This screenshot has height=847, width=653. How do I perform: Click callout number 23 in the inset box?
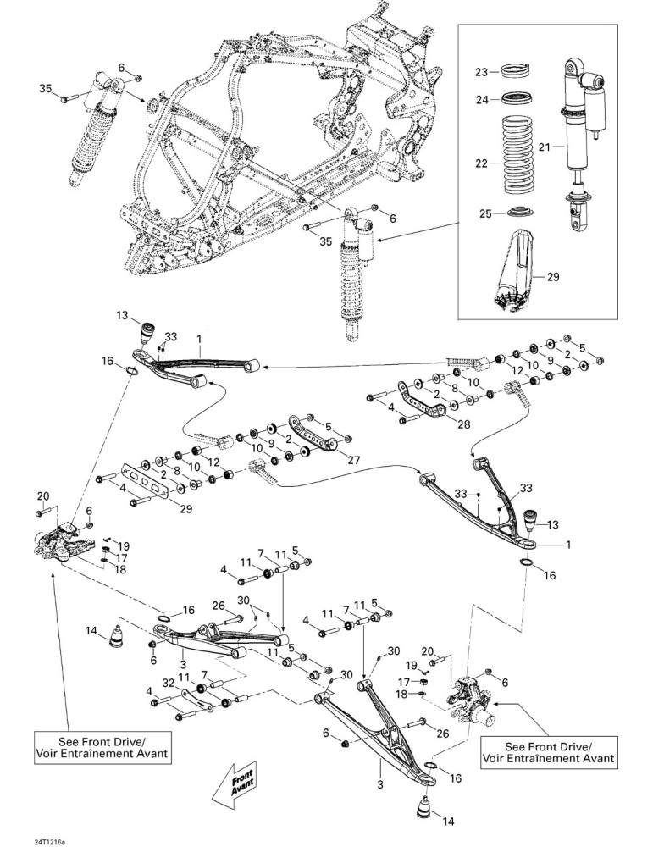(x=481, y=72)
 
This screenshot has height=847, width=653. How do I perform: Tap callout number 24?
(x=481, y=100)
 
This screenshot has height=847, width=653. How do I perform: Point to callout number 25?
(x=484, y=213)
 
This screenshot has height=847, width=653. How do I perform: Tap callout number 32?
(x=169, y=683)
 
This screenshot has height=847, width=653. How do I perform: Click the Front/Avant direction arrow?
(x=235, y=782)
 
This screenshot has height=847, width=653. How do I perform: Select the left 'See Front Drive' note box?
(x=102, y=747)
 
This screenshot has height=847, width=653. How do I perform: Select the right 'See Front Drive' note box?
(x=548, y=752)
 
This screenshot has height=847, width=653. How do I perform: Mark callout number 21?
(x=545, y=147)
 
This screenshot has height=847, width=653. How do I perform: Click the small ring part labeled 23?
(x=517, y=70)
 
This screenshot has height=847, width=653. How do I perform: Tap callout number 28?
(x=463, y=424)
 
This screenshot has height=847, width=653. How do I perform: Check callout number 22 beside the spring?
(x=481, y=163)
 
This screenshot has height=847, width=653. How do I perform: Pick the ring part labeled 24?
(x=517, y=99)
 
